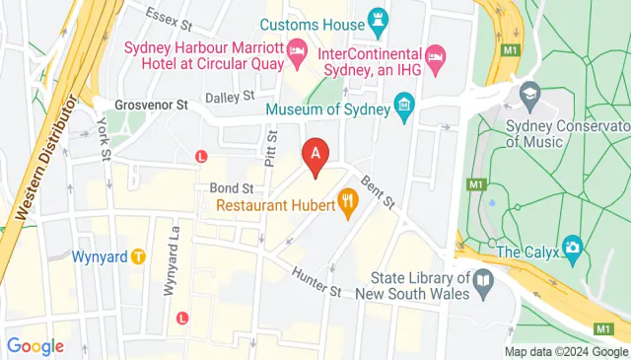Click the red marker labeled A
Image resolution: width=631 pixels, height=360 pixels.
pyautogui.click(x=315, y=155)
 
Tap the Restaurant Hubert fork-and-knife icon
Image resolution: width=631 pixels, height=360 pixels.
pyautogui.click(x=347, y=204)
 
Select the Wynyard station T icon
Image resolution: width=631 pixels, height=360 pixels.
pyautogui.click(x=139, y=256)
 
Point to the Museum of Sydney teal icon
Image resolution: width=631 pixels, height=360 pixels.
pyautogui.click(x=403, y=104)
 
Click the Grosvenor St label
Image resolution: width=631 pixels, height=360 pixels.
pyautogui.click(x=150, y=104)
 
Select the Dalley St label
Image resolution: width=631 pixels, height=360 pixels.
pyautogui.click(x=230, y=98)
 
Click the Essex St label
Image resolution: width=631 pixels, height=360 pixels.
pyautogui.click(x=167, y=15)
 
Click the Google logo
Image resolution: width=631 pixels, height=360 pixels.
pyautogui.click(x=35, y=346)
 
